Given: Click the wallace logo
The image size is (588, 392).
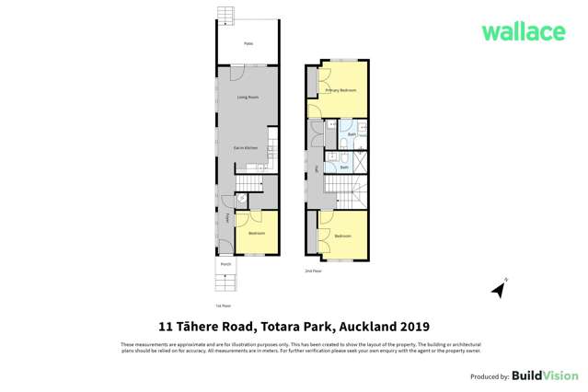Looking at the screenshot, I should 524,31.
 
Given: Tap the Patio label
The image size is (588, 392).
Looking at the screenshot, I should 248,44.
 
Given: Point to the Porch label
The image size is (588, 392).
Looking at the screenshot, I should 225,265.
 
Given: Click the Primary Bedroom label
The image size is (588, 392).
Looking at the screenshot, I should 340,91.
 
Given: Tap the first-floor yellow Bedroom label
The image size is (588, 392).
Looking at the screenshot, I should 257,234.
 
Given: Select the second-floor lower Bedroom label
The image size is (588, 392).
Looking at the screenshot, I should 342,236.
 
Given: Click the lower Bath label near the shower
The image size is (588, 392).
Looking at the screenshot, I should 344,167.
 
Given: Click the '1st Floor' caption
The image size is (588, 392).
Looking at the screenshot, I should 221,305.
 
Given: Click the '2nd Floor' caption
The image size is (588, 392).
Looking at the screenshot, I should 313,271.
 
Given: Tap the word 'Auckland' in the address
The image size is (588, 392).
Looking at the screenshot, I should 365,326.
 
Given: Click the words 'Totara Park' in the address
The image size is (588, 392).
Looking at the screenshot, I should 288,326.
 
